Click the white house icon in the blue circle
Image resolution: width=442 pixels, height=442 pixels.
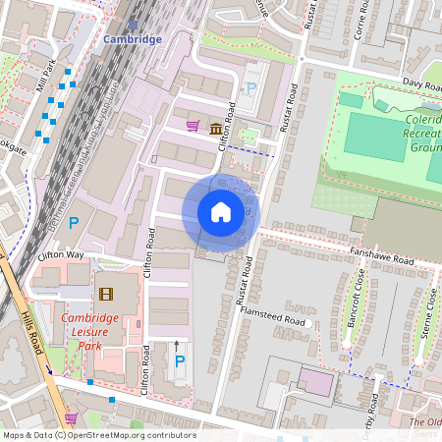coord(221,212)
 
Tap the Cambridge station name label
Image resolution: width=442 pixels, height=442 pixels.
coord(133,39)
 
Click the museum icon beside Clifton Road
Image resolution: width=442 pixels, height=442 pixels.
coord(214,126)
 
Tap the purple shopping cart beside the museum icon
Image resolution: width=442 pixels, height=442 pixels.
coord(193,126)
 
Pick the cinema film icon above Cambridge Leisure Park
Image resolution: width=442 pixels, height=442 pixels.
coord(105,294)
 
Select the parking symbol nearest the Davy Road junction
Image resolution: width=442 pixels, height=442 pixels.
coord(250,88)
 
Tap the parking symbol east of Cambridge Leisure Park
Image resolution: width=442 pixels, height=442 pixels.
coord(178,362)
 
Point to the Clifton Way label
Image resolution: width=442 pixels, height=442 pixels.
coord(61,255)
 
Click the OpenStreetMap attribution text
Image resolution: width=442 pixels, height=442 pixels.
coord(98,435)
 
